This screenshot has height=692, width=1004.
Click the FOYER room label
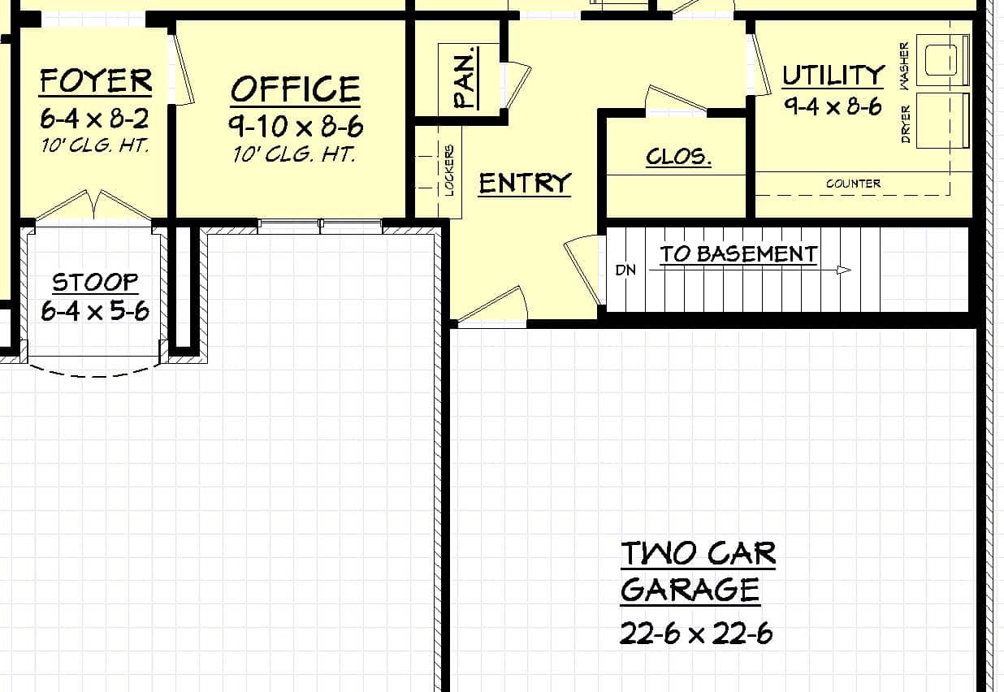95,81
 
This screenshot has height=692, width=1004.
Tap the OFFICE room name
295,89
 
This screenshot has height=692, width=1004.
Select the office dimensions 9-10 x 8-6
295,127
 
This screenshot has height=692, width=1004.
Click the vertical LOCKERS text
449,171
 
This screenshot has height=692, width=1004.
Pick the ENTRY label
525,184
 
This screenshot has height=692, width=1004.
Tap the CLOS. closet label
678,157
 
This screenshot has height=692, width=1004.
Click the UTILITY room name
833,76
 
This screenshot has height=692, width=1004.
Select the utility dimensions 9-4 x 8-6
833,106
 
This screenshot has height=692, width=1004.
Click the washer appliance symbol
943,59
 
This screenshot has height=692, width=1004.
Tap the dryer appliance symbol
943,120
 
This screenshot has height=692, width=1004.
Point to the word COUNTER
853,184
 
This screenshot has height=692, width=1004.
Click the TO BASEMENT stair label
738,253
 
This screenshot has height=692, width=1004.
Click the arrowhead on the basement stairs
844,270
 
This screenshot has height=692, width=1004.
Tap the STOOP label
95,282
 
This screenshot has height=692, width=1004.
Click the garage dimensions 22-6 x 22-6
696,634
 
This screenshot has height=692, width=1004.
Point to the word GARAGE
690,590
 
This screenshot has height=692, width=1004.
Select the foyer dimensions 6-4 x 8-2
95,119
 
